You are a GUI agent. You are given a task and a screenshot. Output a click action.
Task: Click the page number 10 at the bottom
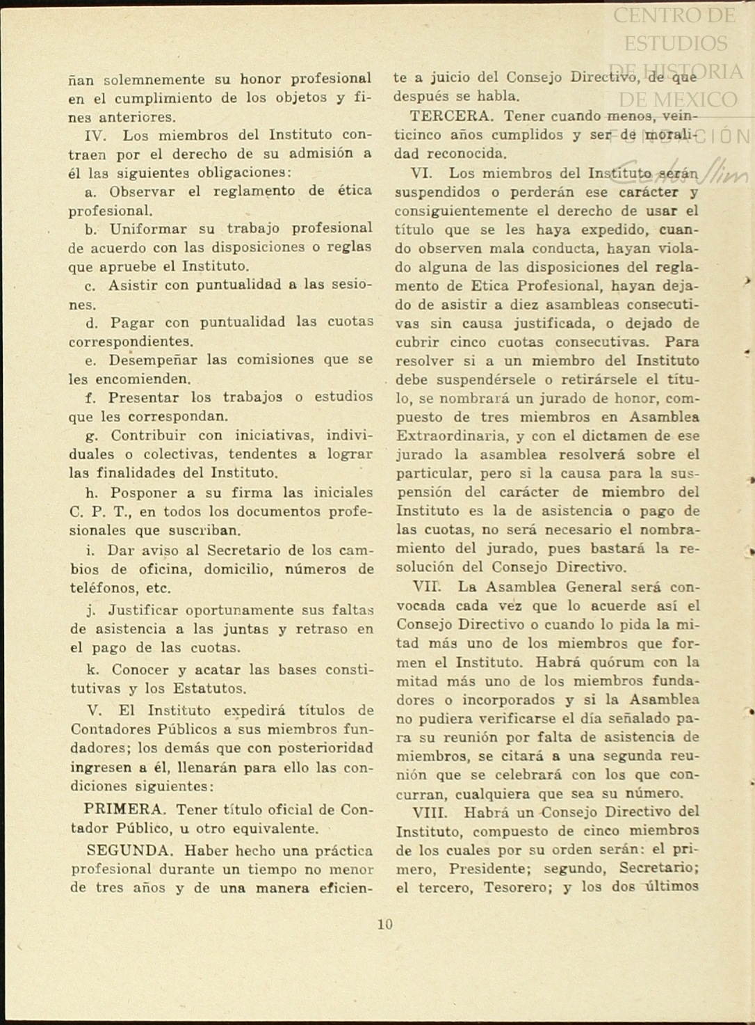tap(385, 924)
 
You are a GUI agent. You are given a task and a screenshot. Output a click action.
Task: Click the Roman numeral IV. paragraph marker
tap(95, 135)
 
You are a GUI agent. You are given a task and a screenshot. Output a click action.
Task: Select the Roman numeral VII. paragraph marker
tap(427, 587)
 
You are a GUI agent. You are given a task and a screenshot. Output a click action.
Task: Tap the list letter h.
tap(92, 493)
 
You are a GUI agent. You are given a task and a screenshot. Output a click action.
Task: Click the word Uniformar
tap(148, 229)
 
